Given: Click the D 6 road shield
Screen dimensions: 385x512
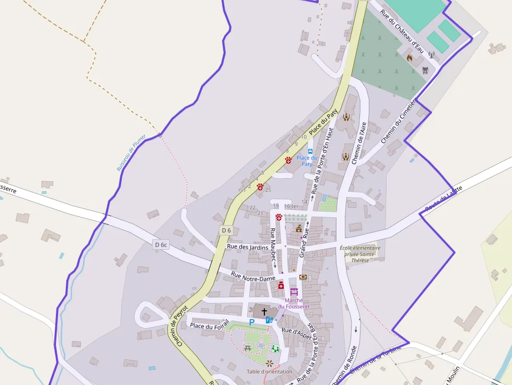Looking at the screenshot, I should (226, 230).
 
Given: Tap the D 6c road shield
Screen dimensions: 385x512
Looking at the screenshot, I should (161, 244).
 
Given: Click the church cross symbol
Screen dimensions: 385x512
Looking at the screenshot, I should (264, 312).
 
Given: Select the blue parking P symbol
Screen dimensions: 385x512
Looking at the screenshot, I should (251, 322).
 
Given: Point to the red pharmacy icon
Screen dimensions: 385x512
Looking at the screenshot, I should (281, 286).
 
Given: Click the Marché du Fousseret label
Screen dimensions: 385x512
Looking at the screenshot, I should (294, 304).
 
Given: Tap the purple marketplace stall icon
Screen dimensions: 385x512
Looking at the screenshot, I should (294, 292).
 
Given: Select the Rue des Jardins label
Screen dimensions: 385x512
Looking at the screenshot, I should (248, 247).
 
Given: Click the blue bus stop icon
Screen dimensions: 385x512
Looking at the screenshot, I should (310, 151).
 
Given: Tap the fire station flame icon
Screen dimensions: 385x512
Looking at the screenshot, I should (410, 58).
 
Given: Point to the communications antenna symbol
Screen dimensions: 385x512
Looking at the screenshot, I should (432, 54).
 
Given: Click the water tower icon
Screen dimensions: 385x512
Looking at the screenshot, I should (425, 71).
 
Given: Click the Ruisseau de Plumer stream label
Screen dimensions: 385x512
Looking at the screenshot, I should (131, 153).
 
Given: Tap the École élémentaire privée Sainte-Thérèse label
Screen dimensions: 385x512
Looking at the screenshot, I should (360, 254).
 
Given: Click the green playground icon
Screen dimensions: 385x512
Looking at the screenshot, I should (275, 348).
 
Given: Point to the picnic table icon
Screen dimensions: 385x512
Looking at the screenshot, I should (248, 348).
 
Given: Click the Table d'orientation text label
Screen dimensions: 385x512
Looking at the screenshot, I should (270, 371).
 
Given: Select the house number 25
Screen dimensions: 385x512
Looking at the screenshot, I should (268, 190).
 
